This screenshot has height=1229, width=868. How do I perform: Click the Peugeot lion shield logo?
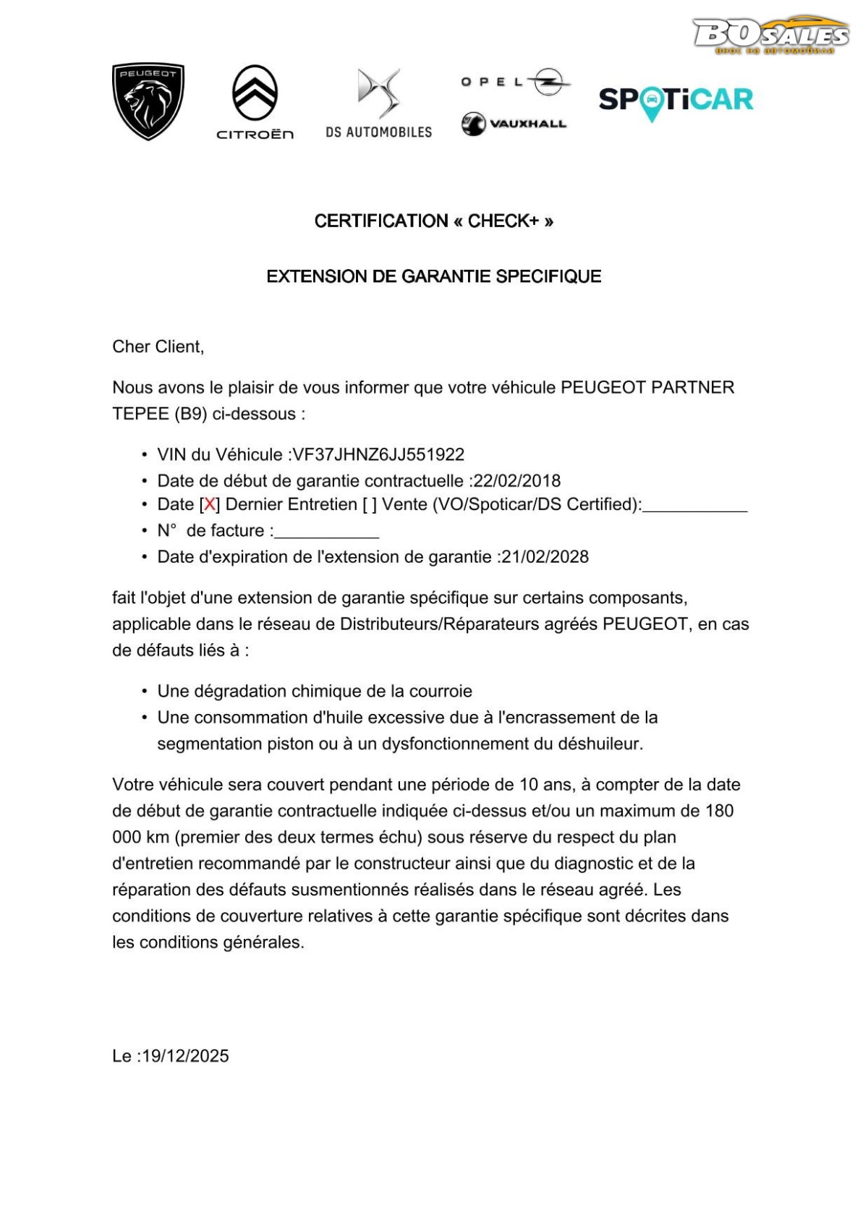point(148,101)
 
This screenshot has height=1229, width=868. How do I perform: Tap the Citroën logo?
point(255,101)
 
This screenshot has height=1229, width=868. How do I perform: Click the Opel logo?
point(515,82)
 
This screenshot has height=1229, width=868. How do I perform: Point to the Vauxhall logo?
point(514,124)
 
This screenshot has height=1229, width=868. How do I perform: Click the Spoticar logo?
point(676,101)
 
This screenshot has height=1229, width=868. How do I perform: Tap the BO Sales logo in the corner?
point(770,35)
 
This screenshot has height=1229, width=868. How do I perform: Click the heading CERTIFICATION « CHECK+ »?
point(434,221)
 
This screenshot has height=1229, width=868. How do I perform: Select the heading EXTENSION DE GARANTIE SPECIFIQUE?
point(434,276)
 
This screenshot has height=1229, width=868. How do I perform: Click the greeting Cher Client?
point(158,347)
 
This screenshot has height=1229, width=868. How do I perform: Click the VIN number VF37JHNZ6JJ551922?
point(378,455)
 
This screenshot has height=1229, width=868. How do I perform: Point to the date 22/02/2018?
point(517,481)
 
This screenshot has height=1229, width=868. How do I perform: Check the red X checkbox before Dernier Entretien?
point(210,505)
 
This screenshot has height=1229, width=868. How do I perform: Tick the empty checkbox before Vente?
point(370,505)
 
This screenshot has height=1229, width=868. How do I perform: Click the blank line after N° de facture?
point(327,534)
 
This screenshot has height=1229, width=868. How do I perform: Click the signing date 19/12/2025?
point(185,1056)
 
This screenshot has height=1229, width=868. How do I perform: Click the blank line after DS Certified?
point(694,508)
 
